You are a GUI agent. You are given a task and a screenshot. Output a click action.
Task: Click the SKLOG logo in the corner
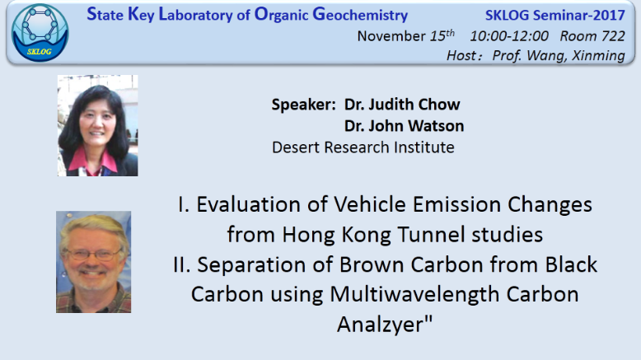pos(40,33)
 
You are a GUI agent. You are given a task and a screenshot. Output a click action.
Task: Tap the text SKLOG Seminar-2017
pos(554,15)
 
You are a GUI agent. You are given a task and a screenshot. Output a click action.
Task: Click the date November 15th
pos(405,35)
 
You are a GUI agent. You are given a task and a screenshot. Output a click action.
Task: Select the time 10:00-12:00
pos(509,36)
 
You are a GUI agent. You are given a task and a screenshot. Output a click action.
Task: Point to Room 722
pos(592,36)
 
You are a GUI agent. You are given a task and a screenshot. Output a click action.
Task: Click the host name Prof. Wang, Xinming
pos(559,55)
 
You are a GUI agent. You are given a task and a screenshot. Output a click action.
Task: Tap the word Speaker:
pos(304,105)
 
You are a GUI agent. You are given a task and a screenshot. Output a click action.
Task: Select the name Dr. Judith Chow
pos(402,104)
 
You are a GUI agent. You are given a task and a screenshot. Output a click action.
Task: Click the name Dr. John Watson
pos(404,126)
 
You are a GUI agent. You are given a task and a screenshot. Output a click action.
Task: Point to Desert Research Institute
pos(363,147)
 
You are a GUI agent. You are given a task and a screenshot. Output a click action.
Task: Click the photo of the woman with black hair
pos(98,125)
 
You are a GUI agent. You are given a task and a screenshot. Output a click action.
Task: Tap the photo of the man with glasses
pos(94,262)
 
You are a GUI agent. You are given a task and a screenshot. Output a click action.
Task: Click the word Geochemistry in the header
pos(360,14)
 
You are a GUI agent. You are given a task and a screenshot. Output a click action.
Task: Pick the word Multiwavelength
pos(414,294)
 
